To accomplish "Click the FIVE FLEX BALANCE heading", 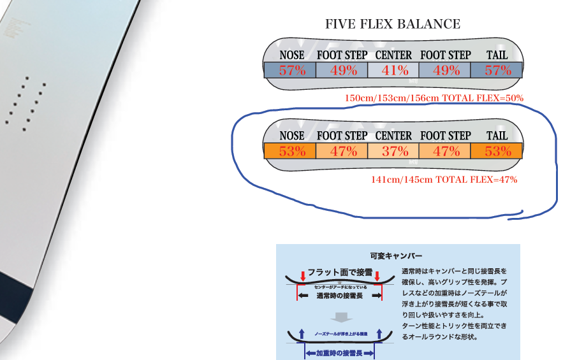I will click(x=392, y=25).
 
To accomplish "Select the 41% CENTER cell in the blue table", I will click(x=393, y=71).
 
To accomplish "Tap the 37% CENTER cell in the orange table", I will click(x=393, y=152).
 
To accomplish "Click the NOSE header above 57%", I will click(x=292, y=55).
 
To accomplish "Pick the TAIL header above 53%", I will click(x=497, y=136).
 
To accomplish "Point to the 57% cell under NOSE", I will click(x=292, y=71).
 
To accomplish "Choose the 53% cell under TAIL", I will click(x=497, y=152).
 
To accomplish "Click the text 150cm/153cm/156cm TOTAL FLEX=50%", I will click(x=434, y=98).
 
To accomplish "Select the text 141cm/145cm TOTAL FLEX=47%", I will click(x=444, y=180).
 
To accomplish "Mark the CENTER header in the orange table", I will click(x=393, y=136).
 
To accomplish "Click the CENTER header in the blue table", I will click(x=393, y=55).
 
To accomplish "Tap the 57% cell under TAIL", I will click(x=497, y=71).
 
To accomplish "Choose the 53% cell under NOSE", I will click(x=292, y=152).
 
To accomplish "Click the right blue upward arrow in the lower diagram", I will click(x=379, y=333).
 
